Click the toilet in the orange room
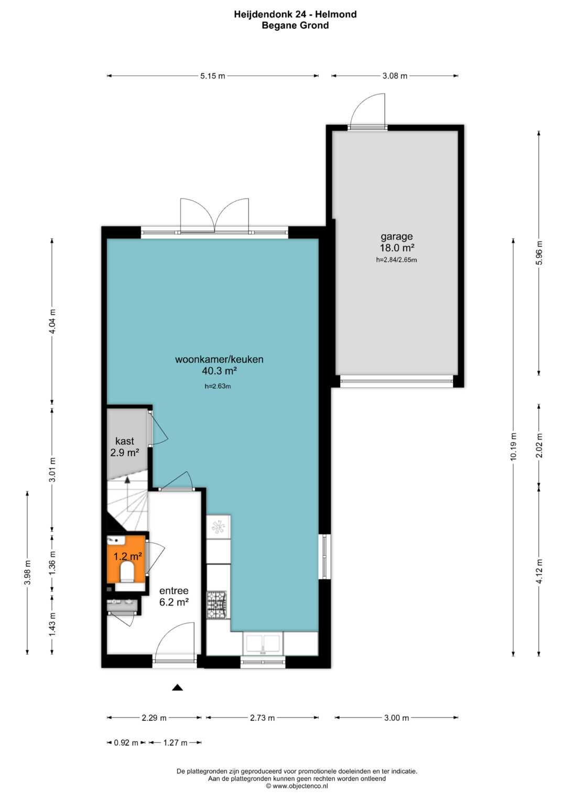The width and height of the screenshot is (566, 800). [126, 572]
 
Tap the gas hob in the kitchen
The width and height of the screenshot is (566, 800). [217, 605]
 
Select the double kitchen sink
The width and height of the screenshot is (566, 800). [263, 643]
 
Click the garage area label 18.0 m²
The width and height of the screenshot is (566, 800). [397, 247]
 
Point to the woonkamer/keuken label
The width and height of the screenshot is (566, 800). [219, 359]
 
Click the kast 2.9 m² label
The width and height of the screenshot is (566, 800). [124, 447]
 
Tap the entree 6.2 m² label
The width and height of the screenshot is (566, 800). [173, 596]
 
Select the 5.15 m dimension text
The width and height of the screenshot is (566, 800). [213, 76]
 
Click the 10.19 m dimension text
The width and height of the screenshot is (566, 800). [514, 446]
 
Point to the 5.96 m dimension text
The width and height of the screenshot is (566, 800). [539, 253]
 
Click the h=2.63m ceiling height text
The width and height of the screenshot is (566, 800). [217, 386]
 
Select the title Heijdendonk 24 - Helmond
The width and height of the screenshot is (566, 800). [295, 14]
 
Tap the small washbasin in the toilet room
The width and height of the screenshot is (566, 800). [115, 540]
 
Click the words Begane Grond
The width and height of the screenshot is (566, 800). [295, 25]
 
